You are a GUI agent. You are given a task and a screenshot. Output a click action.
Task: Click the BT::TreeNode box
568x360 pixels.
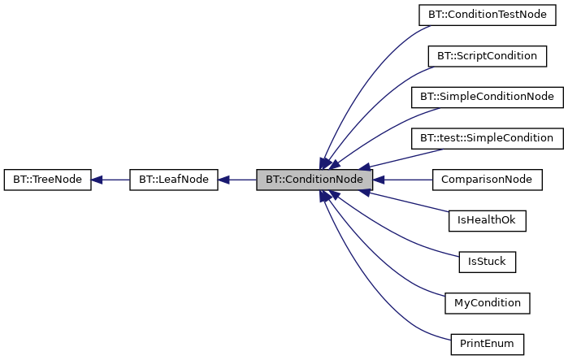(47, 180)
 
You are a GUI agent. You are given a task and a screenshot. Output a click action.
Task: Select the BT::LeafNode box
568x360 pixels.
(174, 180)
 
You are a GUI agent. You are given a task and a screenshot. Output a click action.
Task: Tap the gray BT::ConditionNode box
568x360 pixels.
(314, 180)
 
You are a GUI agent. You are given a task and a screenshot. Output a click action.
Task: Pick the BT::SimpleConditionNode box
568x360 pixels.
(487, 97)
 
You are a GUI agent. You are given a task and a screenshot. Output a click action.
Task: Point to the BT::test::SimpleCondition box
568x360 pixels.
(487, 138)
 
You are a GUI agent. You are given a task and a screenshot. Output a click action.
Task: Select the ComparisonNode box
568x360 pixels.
(487, 180)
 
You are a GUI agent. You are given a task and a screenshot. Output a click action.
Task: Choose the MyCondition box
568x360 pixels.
(487, 303)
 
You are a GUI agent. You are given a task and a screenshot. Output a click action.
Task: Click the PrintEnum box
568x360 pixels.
(487, 344)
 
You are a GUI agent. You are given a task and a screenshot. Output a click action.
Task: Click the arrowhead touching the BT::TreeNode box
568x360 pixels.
(97, 180)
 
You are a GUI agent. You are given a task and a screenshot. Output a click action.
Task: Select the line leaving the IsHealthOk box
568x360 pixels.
(406, 202)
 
